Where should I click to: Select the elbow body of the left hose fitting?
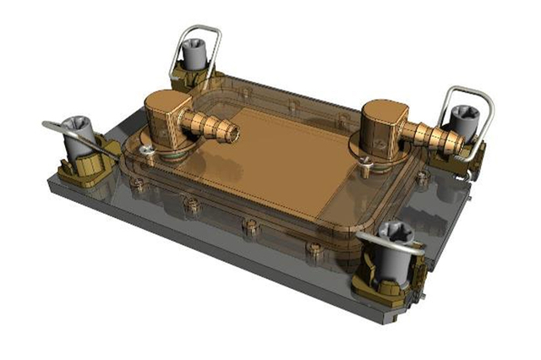click(x=167, y=118)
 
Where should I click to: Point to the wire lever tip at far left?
click(x=47, y=124)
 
